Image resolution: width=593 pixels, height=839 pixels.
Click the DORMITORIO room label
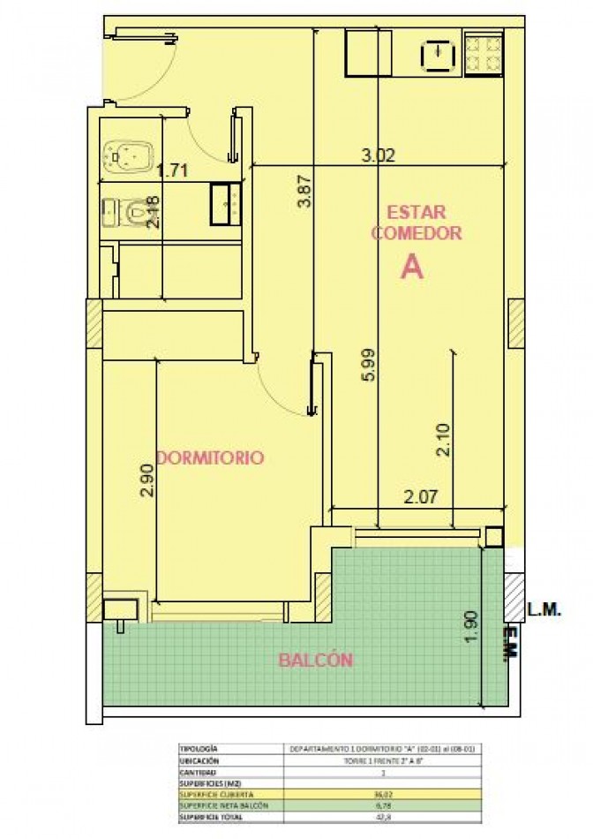(x=209, y=457)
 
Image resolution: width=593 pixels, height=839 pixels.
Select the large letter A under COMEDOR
(x=411, y=267)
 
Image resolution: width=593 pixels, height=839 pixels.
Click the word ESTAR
(x=417, y=213)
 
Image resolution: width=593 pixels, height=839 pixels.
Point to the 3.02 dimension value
(x=379, y=155)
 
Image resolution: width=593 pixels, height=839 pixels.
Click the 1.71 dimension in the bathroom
(x=172, y=172)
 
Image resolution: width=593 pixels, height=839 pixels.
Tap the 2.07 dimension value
(x=421, y=496)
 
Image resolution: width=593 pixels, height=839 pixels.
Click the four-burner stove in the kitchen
(x=484, y=55)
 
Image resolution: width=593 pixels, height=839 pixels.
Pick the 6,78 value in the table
(x=383, y=804)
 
